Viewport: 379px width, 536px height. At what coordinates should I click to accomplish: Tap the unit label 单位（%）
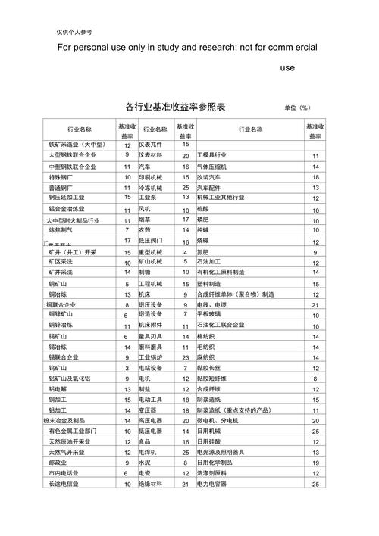pos(298,108)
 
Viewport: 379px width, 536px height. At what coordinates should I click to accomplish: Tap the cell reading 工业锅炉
pos(150,357)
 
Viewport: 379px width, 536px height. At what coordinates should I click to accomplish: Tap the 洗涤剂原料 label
pos(215,472)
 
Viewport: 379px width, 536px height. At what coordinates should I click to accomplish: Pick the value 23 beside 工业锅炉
pos(185,357)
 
